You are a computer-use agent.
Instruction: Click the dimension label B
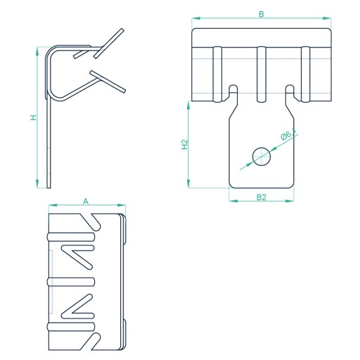click(x=262, y=14)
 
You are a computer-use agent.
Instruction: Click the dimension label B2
click(x=262, y=198)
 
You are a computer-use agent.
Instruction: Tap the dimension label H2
click(x=185, y=144)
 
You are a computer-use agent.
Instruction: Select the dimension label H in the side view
click(x=34, y=117)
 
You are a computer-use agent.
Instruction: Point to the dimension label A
click(x=86, y=201)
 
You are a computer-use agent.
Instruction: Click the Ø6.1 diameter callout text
click(x=289, y=134)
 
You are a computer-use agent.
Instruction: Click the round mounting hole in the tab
click(x=262, y=157)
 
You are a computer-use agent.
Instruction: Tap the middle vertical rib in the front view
click(x=261, y=75)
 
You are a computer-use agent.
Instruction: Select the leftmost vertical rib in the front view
click(x=217, y=75)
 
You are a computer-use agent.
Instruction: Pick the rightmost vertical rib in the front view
click(x=305, y=75)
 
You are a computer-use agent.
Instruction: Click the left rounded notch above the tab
click(x=233, y=89)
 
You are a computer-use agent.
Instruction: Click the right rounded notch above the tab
click(x=290, y=89)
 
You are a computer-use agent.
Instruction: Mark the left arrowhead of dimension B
click(x=196, y=18)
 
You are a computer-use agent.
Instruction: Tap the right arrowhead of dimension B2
click(x=289, y=201)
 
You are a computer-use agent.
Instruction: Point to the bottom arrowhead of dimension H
click(x=37, y=184)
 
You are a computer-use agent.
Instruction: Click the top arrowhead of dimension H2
click(x=188, y=105)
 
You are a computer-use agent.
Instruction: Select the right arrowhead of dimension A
click(x=122, y=205)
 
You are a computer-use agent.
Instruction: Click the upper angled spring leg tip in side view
click(x=122, y=30)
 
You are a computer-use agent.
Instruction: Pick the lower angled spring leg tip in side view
click(x=124, y=91)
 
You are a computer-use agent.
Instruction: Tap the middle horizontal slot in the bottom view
click(x=71, y=282)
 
